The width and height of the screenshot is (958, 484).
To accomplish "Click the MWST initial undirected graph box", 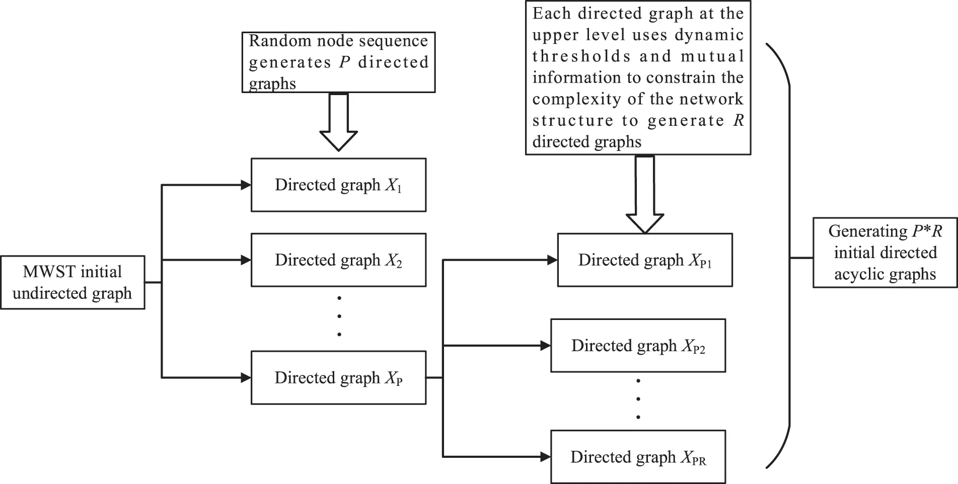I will (x=72, y=282).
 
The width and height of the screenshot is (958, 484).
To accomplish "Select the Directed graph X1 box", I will (x=338, y=185).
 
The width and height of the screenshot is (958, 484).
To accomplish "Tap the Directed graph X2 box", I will (x=338, y=260).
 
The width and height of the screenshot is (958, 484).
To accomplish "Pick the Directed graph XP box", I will (x=338, y=377).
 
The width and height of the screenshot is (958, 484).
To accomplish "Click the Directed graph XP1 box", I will (x=644, y=260).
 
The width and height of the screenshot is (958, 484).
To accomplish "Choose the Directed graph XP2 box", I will (x=638, y=346).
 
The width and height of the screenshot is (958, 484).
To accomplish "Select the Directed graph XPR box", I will (x=638, y=457).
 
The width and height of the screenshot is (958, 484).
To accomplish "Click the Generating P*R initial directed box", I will (x=885, y=252).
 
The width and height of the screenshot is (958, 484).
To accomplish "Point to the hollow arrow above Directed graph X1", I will (x=338, y=123).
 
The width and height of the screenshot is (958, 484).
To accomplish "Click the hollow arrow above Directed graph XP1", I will (x=644, y=196).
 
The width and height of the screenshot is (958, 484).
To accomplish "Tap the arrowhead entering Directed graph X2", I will (x=246, y=260).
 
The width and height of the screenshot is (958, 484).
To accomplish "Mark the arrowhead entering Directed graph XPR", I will (x=545, y=457).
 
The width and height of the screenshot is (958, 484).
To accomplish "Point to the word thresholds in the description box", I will (x=581, y=56).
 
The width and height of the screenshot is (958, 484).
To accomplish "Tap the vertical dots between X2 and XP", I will (x=339, y=316).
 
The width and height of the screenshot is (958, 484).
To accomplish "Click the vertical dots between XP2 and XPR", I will (x=638, y=399).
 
